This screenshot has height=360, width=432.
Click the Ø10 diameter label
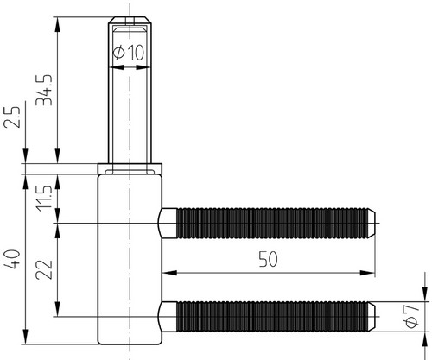[129, 53]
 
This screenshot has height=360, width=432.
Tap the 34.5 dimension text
[44, 91]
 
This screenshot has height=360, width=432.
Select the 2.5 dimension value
[12, 117]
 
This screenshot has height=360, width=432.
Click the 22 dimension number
[44, 270]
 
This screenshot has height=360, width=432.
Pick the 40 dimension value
[12, 259]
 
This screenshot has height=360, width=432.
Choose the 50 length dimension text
[268, 259]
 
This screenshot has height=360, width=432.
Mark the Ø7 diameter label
[411, 316]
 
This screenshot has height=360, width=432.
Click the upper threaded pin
[267, 224]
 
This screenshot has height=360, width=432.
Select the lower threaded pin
[267, 317]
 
